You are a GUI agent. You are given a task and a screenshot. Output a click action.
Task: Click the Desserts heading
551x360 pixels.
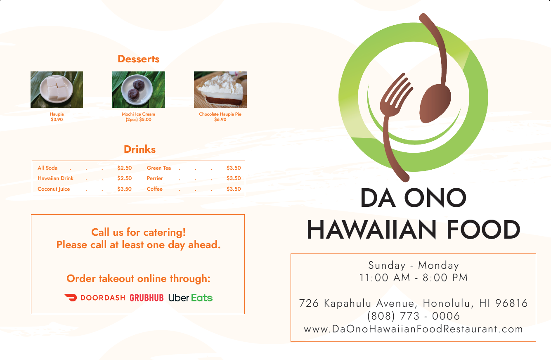(139, 59)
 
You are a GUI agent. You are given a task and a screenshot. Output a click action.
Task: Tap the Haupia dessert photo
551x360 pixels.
(57, 90)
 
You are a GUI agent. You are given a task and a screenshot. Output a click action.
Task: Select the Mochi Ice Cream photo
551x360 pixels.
(139, 90)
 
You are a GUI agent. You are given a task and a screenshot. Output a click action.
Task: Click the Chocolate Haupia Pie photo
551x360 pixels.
(220, 90)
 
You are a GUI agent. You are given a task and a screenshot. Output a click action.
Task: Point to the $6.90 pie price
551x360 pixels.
(220, 120)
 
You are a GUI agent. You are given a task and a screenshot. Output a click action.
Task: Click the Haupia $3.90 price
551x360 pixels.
(57, 120)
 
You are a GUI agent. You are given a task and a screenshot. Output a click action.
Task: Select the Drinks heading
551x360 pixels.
(140, 149)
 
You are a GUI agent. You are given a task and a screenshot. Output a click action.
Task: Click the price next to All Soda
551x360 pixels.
(125, 168)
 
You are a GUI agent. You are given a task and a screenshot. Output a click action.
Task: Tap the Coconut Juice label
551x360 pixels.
(54, 189)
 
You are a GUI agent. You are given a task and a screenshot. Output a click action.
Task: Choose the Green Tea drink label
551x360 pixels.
(158, 168)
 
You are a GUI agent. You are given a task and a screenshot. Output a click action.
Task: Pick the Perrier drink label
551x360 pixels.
(155, 178)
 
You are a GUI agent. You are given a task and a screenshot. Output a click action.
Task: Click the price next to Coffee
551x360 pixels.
(234, 189)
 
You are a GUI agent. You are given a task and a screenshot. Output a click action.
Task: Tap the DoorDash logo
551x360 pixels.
(95, 298)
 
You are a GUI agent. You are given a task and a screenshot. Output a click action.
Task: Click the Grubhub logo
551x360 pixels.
(147, 298)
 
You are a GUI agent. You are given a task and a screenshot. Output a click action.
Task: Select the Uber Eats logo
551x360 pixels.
(190, 298)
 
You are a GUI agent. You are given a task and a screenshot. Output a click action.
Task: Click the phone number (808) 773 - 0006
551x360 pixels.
(413, 316)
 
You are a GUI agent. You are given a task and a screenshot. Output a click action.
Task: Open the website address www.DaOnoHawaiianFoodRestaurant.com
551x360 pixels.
(413, 329)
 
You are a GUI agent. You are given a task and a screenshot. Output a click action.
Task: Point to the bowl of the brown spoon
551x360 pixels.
(435, 103)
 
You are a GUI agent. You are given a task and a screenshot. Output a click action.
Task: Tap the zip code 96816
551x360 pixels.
(511, 303)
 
